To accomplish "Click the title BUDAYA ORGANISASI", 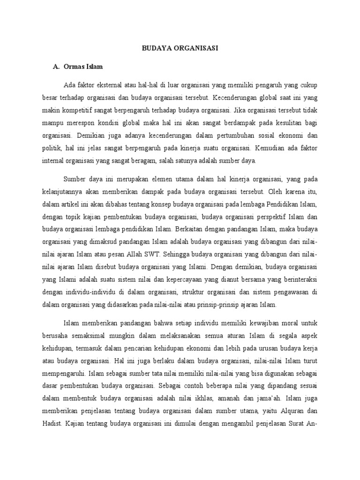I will tap(180, 48).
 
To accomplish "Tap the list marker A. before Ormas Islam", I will tap(57, 67).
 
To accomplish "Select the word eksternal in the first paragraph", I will tap(107, 86).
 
